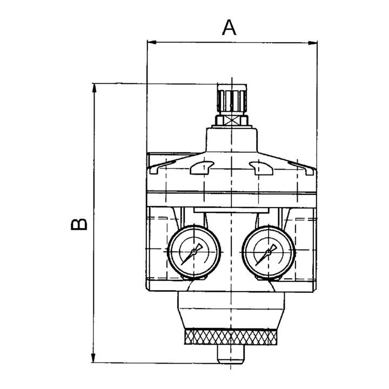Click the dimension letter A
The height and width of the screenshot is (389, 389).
229,28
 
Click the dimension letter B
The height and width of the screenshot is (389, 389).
79,224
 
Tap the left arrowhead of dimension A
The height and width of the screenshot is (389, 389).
152,43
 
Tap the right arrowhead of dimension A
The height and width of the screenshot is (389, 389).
313,43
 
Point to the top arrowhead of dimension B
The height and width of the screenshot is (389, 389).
94,88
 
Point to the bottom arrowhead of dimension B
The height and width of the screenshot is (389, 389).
93,358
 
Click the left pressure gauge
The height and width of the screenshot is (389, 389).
194,252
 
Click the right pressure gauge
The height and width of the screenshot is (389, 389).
269,252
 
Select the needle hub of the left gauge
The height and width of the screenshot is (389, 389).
194,252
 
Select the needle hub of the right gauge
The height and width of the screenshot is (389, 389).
268,252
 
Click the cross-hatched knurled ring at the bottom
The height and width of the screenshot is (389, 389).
231,337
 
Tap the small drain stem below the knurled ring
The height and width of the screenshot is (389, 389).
231,354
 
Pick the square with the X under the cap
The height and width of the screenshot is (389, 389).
232,121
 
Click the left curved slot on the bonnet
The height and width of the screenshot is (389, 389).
202,167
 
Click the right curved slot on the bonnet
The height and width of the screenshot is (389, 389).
261,167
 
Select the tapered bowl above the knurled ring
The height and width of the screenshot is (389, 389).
231,310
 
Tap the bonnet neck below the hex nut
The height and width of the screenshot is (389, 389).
232,140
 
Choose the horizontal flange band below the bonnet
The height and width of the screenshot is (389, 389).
232,199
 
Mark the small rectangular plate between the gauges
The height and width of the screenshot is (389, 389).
231,210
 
